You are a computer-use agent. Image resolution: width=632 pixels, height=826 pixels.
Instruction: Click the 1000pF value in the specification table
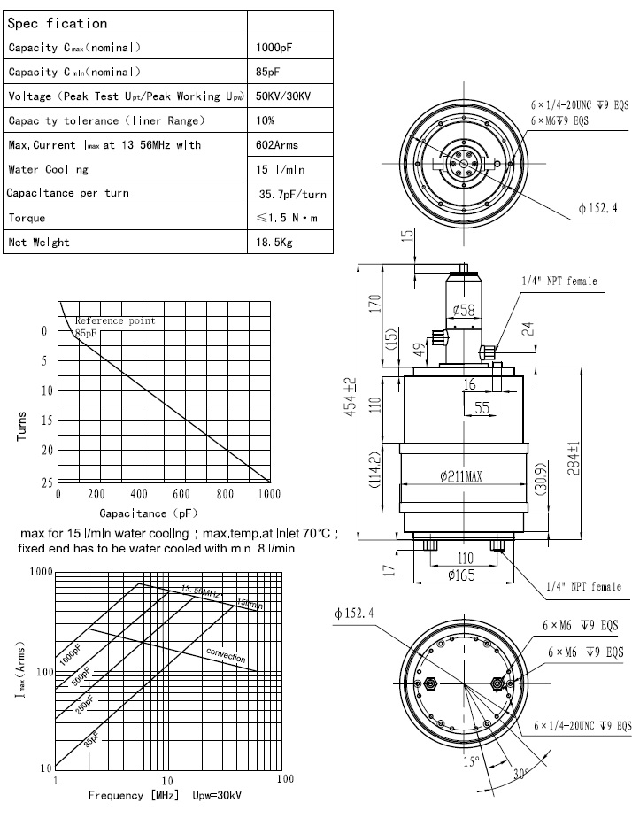(270, 47)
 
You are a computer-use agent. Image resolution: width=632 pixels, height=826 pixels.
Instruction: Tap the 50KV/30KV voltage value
(282, 96)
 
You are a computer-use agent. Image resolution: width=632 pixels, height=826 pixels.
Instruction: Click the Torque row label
(27, 217)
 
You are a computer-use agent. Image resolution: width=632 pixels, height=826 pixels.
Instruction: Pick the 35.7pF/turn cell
(292, 193)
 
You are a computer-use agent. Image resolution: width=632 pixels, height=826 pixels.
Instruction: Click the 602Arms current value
(276, 144)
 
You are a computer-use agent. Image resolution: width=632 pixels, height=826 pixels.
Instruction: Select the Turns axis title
(22, 428)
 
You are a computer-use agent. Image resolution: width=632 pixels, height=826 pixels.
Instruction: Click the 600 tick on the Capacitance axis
(181, 494)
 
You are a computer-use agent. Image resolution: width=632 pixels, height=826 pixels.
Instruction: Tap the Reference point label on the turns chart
(115, 320)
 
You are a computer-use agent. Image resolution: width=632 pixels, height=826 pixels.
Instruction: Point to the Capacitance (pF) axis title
(147, 513)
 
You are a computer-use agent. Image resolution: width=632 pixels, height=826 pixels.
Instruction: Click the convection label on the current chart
(226, 656)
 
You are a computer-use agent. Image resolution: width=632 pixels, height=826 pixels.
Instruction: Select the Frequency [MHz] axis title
(129, 794)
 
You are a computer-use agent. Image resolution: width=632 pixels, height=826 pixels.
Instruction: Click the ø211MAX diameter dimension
(460, 476)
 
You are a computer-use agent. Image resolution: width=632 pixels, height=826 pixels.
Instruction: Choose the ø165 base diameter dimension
(462, 575)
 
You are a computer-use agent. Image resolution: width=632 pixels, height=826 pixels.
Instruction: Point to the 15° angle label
(468, 760)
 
